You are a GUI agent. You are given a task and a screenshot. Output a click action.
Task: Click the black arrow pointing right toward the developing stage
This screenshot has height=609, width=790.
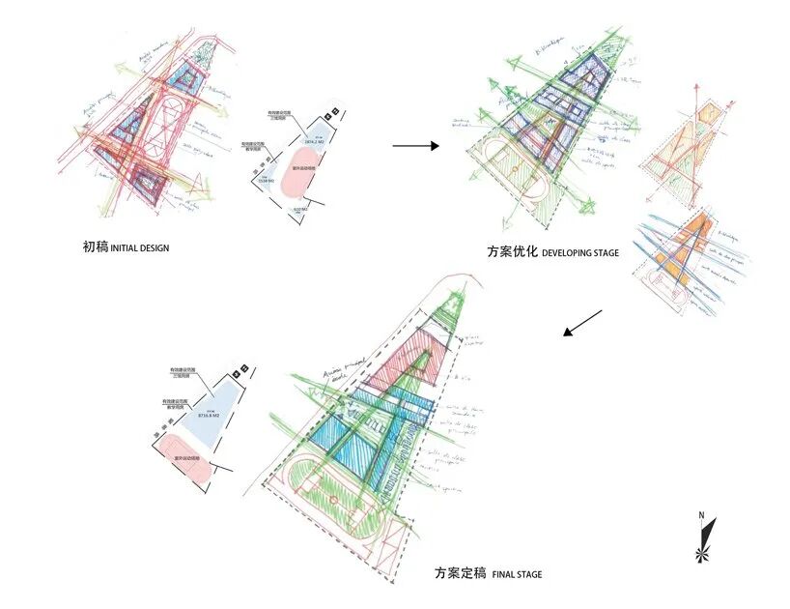(x=415, y=146)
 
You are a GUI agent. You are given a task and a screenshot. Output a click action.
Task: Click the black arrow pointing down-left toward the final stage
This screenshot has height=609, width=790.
(x=582, y=323)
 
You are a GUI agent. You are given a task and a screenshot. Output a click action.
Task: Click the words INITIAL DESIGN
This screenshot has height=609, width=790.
(x=139, y=248)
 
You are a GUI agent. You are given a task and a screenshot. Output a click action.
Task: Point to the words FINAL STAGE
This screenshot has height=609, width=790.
(x=517, y=575)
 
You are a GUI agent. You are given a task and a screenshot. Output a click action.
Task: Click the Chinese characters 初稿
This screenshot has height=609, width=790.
(x=95, y=247)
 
